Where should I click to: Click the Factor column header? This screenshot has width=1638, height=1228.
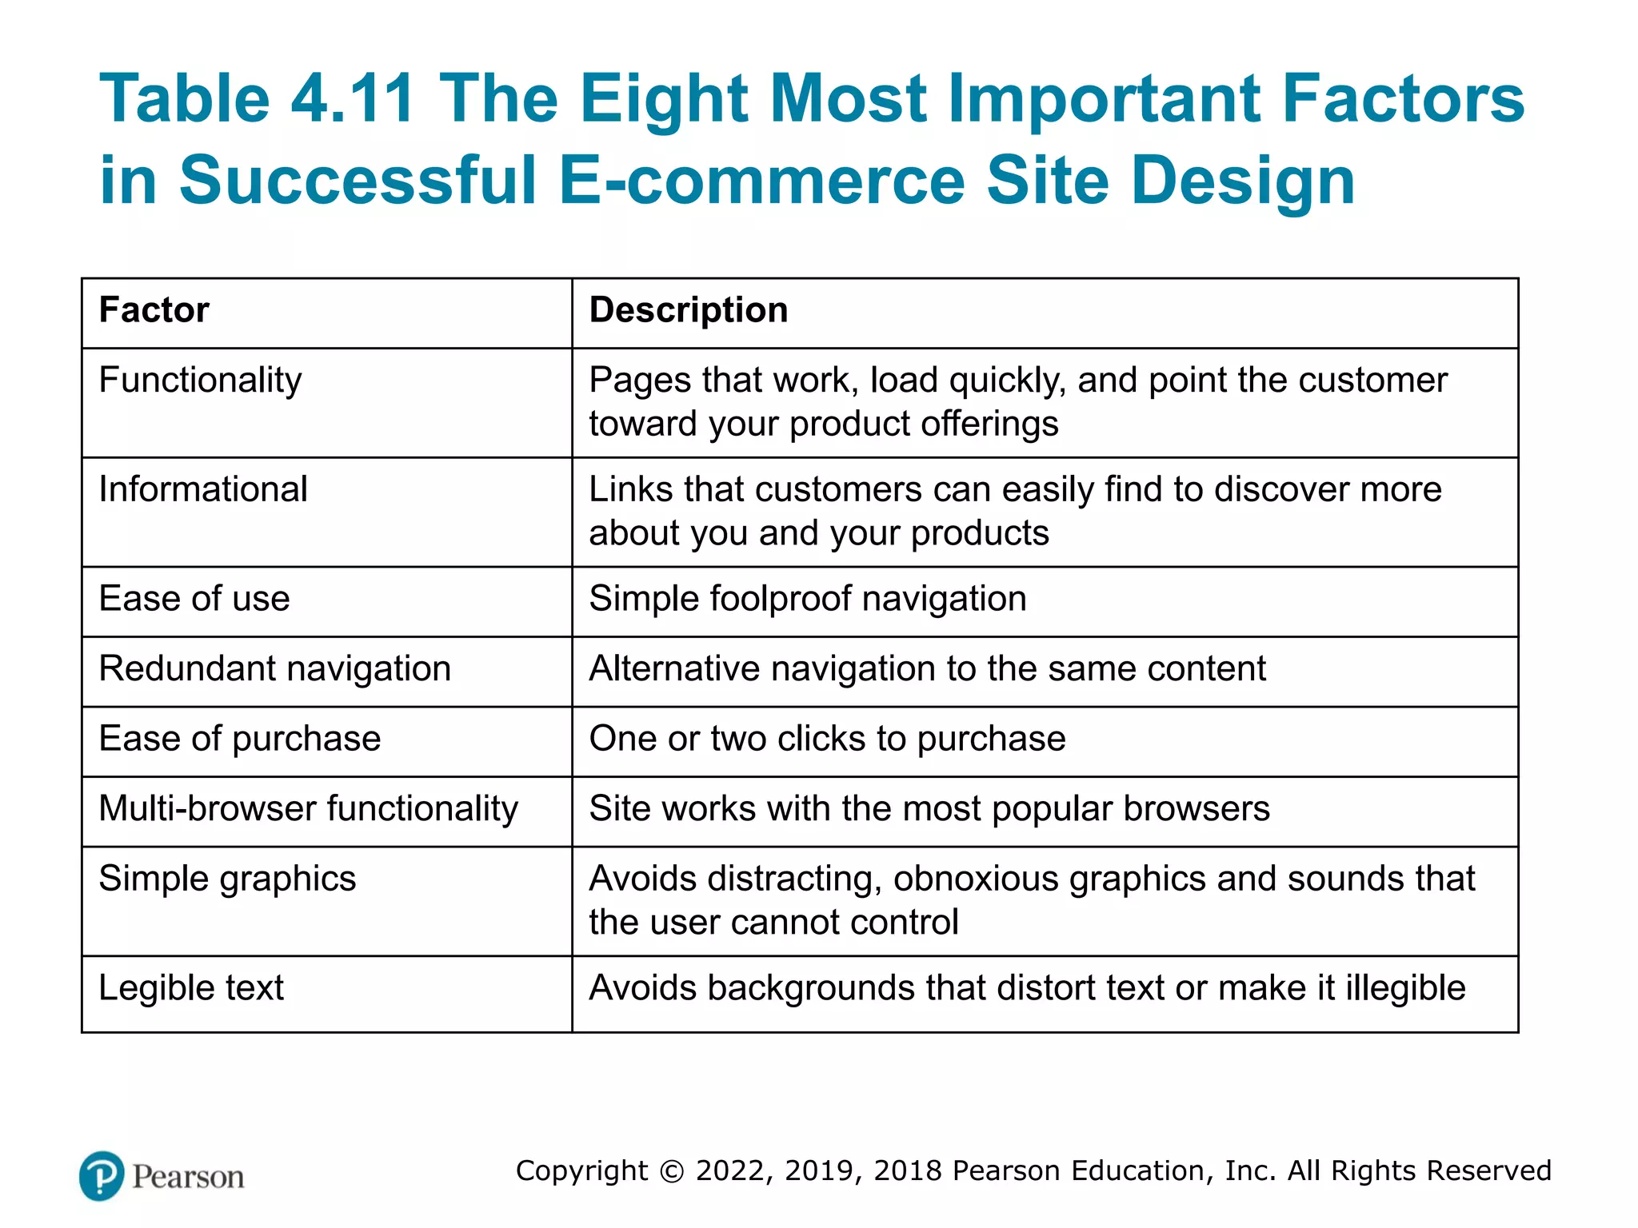click(154, 310)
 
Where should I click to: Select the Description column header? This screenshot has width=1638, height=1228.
click(689, 310)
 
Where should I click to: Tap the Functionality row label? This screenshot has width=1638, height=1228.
click(200, 380)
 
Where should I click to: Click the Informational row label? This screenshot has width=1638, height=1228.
click(202, 489)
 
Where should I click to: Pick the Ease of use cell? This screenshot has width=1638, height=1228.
click(194, 599)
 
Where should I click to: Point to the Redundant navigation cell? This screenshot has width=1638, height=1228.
click(274, 669)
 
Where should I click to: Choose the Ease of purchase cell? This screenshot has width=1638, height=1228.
click(240, 739)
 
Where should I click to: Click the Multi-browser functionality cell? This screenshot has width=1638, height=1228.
click(308, 809)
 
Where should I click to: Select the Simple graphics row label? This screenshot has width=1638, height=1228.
click(227, 879)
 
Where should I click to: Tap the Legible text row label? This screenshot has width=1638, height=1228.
click(191, 988)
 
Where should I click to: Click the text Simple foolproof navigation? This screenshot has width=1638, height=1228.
click(808, 599)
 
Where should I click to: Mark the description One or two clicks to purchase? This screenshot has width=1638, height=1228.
click(827, 739)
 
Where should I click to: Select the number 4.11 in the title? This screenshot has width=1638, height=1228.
click(352, 99)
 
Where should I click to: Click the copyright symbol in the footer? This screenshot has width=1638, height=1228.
click(673, 1171)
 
